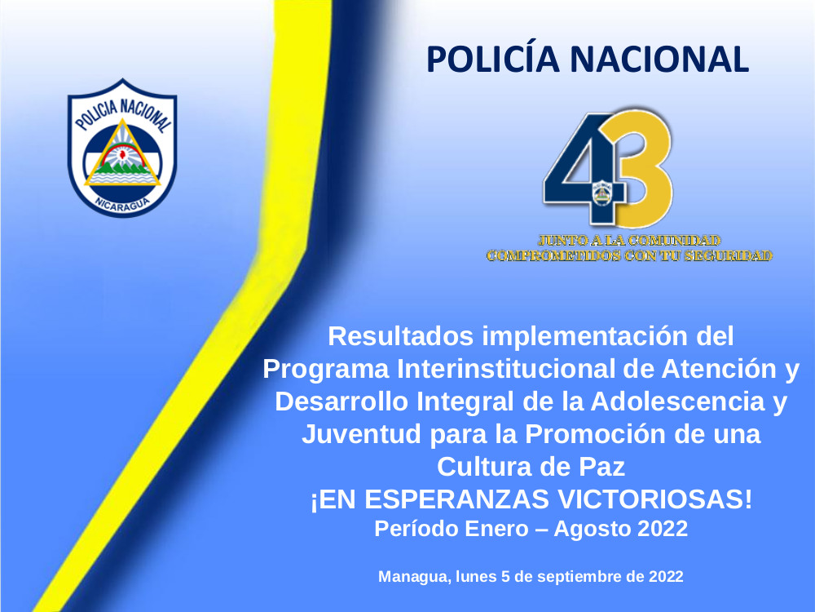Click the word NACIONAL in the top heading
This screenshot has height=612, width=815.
[659, 60]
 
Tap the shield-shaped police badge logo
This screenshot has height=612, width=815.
[122, 148]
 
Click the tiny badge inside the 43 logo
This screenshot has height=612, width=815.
[602, 193]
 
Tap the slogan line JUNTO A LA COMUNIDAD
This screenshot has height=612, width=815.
[629, 241]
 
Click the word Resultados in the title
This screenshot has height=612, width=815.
[401, 336]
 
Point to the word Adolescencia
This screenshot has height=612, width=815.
[678, 401]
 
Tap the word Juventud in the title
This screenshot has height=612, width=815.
[361, 434]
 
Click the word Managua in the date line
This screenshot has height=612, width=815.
[414, 577]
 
